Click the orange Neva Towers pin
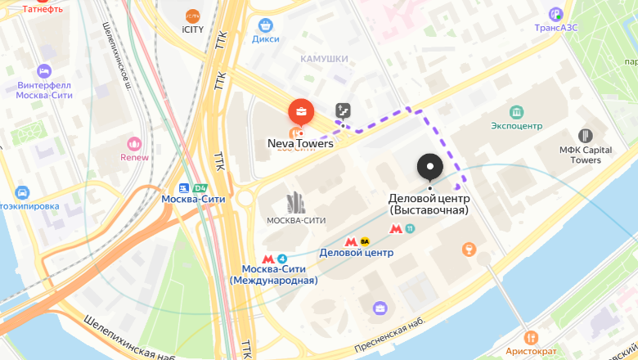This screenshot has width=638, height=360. pyautogui.click(x=301, y=111)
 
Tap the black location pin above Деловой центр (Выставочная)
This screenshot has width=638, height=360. pyautogui.click(x=429, y=167)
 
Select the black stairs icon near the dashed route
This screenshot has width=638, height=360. pyautogui.click(x=343, y=110)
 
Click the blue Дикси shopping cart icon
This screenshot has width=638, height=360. pyautogui.click(x=265, y=25)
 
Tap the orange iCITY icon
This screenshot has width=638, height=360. pyautogui.click(x=192, y=16)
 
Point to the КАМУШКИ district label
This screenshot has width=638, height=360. pyautogui.click(x=324, y=59)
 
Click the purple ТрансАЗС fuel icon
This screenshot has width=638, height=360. pyautogui.click(x=556, y=14)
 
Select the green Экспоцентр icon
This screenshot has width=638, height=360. pyautogui.click(x=516, y=112)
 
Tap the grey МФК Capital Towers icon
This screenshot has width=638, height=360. pyautogui.click(x=585, y=136)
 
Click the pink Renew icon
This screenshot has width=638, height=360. pyautogui.click(x=134, y=143)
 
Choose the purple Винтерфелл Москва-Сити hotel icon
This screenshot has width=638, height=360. pyautogui.click(x=44, y=71)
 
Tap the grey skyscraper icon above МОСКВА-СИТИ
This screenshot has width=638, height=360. pyautogui.click(x=295, y=203)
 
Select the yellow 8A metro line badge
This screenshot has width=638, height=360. pyautogui.click(x=365, y=241)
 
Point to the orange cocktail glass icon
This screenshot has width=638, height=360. pyautogui.click(x=469, y=249)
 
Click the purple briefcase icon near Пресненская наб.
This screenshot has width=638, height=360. pyautogui.click(x=380, y=308)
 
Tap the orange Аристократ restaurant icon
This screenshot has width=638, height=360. pyautogui.click(x=530, y=337)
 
